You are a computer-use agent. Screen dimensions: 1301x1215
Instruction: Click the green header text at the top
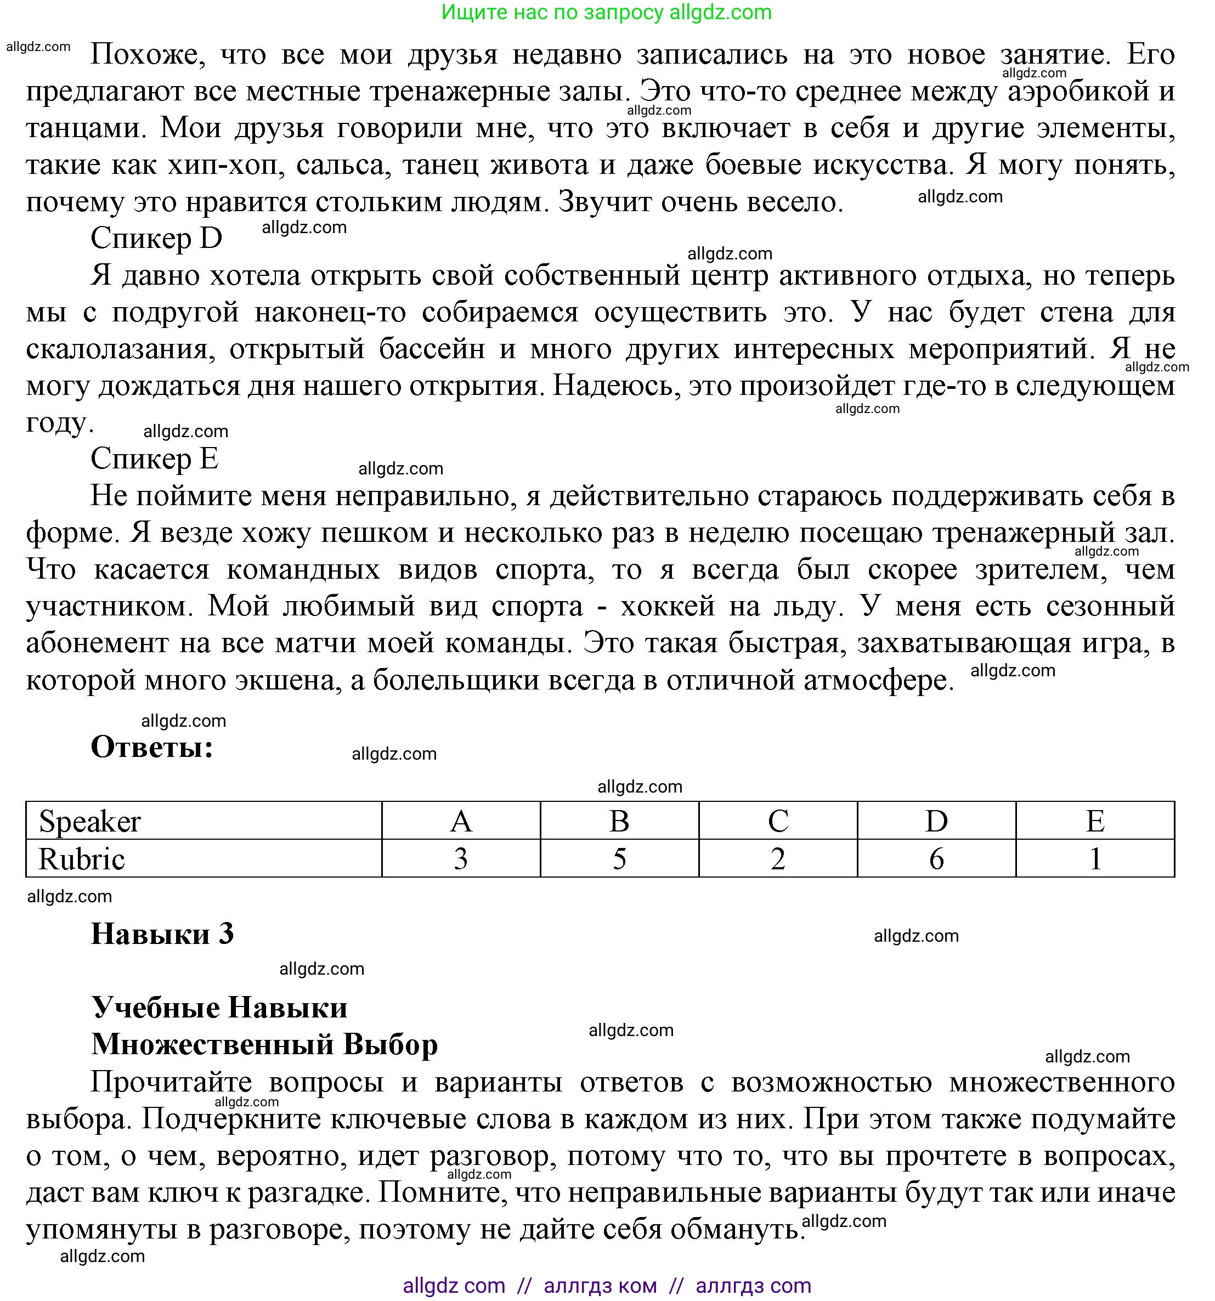click(x=606, y=13)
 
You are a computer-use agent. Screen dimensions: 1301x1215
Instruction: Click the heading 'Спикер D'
click(x=156, y=238)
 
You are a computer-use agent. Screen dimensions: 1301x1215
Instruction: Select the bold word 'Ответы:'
click(x=152, y=746)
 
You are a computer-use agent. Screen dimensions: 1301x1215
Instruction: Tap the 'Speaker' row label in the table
click(x=89, y=821)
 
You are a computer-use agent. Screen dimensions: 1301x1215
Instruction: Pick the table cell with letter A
click(x=461, y=821)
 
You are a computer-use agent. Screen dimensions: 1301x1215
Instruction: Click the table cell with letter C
click(x=778, y=821)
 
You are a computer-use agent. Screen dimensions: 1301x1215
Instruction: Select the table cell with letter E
click(x=1094, y=821)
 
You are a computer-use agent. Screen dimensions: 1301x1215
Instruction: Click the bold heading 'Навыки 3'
click(x=162, y=934)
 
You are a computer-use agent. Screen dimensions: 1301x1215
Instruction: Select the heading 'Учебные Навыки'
click(x=219, y=1008)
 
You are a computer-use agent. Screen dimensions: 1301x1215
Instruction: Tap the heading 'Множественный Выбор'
click(x=264, y=1044)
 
